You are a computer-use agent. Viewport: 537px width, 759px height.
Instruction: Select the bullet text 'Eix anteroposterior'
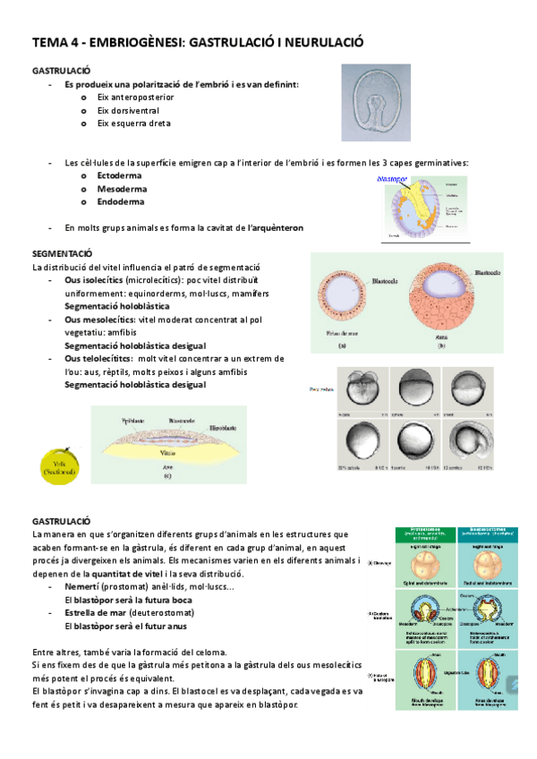pyautogui.click(x=136, y=97)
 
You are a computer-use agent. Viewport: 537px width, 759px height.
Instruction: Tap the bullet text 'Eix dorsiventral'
pyautogui.click(x=130, y=110)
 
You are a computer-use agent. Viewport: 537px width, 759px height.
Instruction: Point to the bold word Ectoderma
pyautogui.click(x=120, y=176)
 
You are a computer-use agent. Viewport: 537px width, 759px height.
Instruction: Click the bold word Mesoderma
pyautogui.click(x=121, y=189)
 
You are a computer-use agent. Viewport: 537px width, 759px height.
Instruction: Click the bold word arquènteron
pyautogui.click(x=276, y=228)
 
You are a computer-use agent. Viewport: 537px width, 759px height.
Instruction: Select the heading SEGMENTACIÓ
pyautogui.click(x=62, y=254)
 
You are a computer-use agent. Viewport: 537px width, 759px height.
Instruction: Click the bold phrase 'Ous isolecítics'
pyautogui.click(x=97, y=280)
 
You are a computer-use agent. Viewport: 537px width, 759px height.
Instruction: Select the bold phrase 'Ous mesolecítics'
pyautogui.click(x=101, y=320)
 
